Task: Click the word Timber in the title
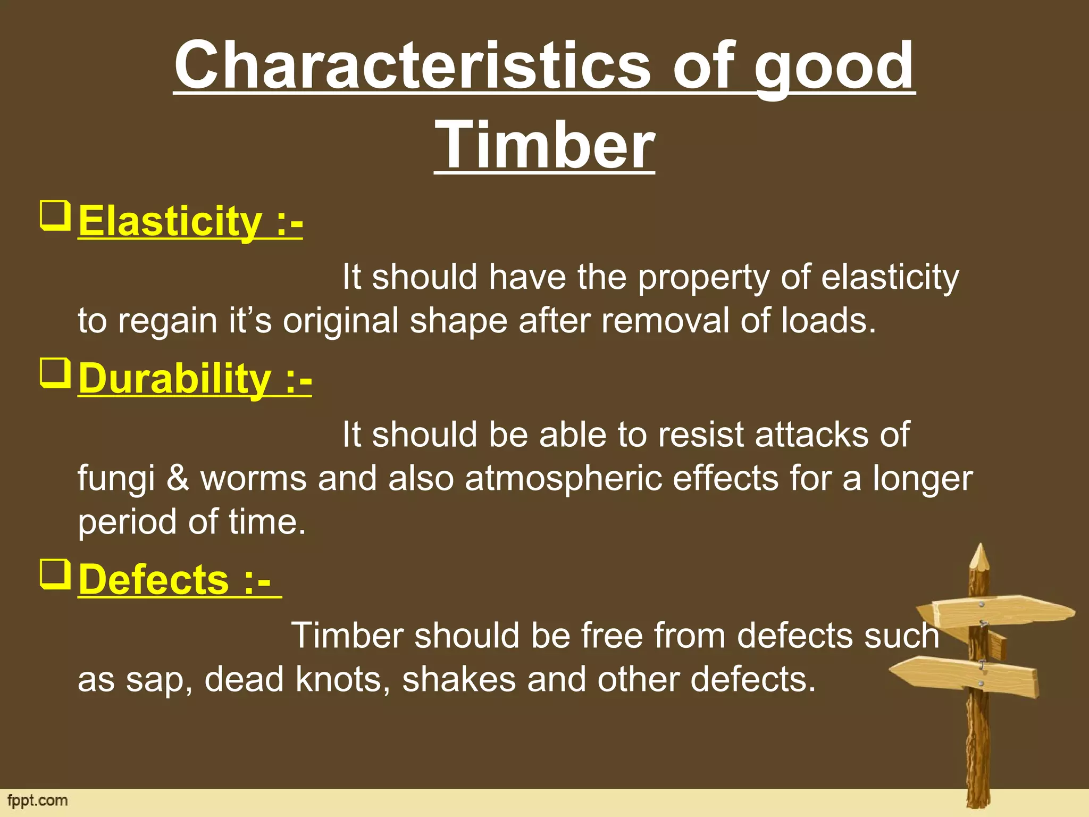544,145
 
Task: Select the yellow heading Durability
175,379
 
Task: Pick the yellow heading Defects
154,579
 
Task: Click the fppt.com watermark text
37,801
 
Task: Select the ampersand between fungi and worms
178,478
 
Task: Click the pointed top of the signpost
979,556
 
